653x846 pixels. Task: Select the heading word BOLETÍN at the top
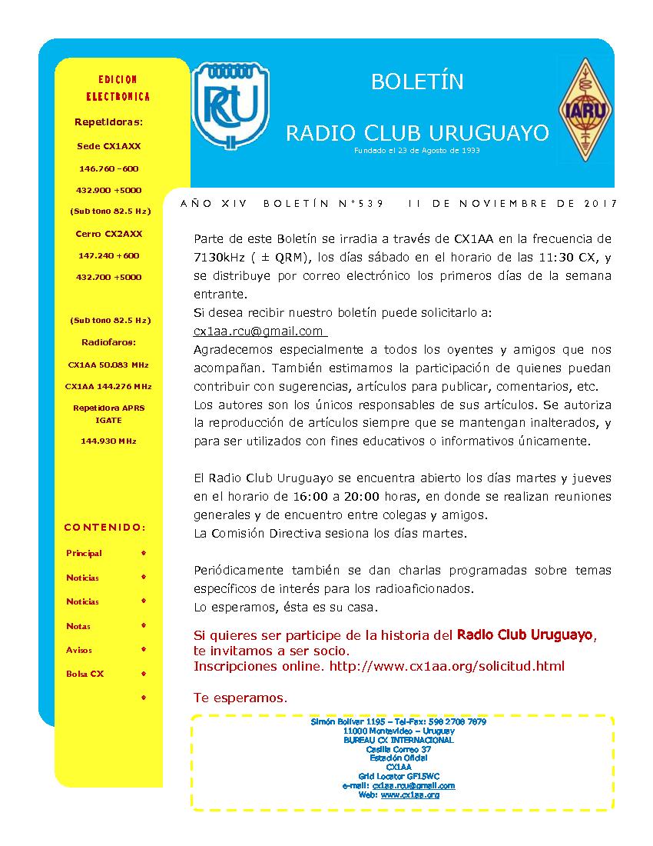417,82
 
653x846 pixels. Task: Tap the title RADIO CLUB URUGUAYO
417,133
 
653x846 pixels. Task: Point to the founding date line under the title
417,151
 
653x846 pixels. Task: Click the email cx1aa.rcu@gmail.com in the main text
258,331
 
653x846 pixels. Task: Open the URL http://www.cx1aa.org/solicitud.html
446,666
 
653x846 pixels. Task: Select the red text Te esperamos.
240,698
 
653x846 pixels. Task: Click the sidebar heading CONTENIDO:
104,528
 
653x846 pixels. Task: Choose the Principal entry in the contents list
84,553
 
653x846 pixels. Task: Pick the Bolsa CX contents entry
85,674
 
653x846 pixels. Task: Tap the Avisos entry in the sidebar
79,650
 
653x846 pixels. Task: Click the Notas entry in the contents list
78,626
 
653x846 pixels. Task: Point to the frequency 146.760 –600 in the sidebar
109,168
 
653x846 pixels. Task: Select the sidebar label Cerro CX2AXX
109,234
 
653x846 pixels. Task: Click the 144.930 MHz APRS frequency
108,441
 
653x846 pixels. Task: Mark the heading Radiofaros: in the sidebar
108,342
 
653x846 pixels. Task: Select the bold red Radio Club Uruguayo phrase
525,634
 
